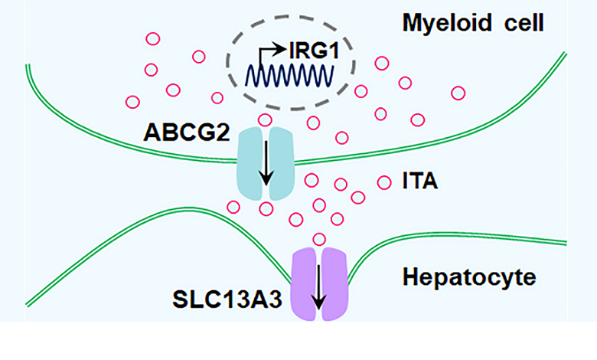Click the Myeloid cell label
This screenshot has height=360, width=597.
coord(472,23)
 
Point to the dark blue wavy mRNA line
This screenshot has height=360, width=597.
coord(288,76)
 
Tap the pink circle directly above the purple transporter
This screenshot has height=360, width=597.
coord(320,239)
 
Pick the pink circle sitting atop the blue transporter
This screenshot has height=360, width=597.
coord(265,119)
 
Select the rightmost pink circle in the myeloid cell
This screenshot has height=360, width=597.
coord(458,93)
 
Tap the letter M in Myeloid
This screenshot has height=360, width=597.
coord(412,23)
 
